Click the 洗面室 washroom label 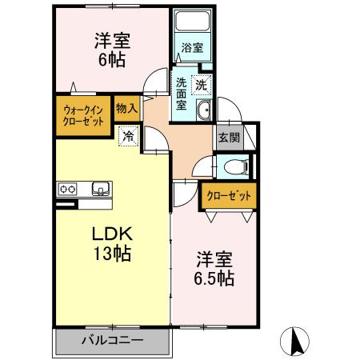coord(182,93)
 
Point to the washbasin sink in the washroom coord(205,111)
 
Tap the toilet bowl coord(234,167)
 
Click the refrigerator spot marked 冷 coord(128,137)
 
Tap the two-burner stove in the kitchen coord(66,190)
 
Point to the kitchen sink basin coord(100,190)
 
